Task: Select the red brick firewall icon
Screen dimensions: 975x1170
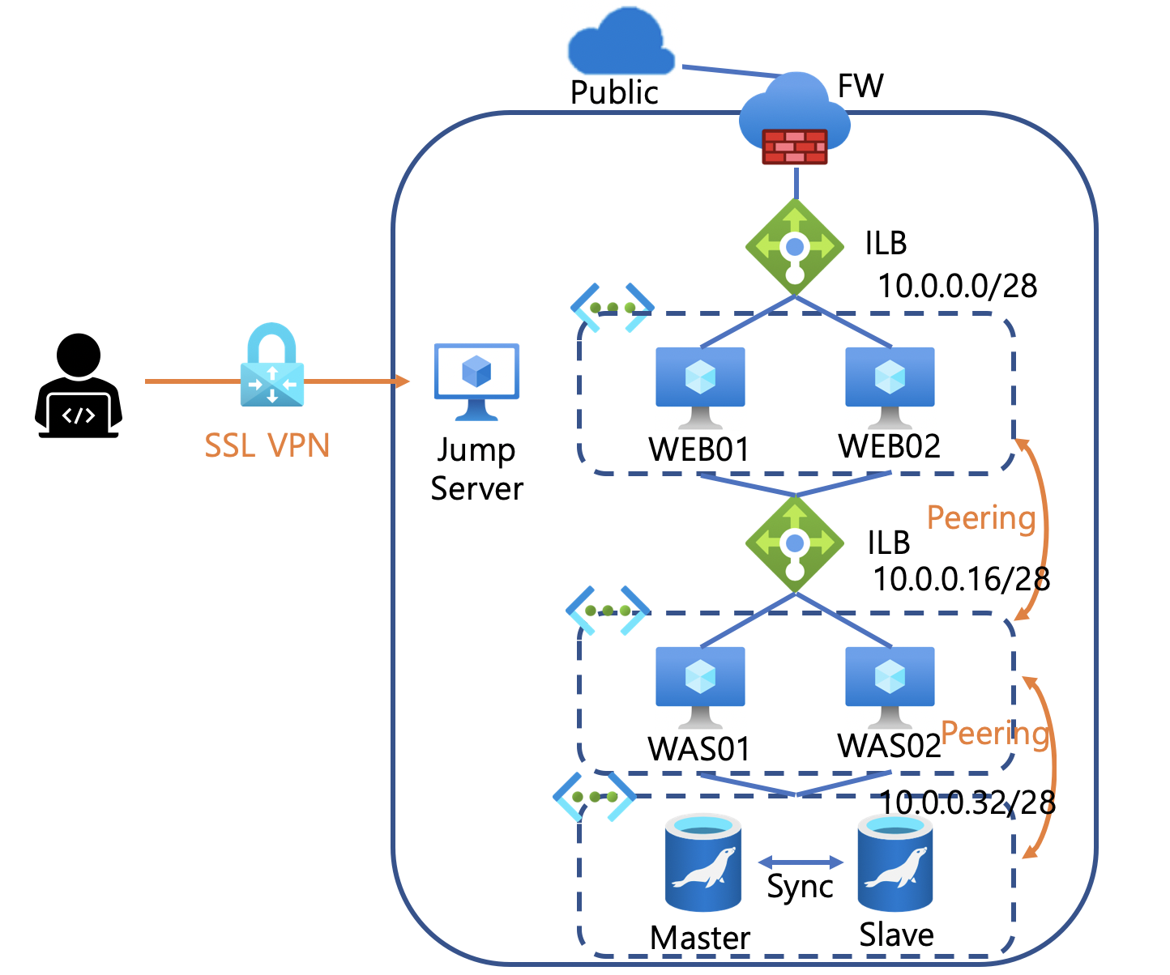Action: tap(795, 147)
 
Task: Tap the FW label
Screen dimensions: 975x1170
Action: tap(860, 86)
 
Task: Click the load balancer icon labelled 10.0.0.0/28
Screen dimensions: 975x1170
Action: tap(795, 247)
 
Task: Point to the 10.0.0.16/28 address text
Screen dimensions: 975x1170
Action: tap(961, 579)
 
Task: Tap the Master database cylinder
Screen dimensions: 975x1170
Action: tap(702, 862)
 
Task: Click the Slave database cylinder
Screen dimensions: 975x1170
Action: tap(895, 862)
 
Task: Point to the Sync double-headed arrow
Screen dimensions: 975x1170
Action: tap(801, 862)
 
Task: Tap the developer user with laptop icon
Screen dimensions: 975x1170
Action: tap(79, 386)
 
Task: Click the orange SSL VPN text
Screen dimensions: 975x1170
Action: tap(267, 445)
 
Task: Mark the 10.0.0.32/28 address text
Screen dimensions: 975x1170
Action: tap(967, 803)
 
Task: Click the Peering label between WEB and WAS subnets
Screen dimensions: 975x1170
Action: tap(981, 517)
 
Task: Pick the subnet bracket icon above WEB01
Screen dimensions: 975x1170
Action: tap(612, 308)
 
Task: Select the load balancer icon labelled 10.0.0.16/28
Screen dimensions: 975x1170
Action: tap(795, 543)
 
